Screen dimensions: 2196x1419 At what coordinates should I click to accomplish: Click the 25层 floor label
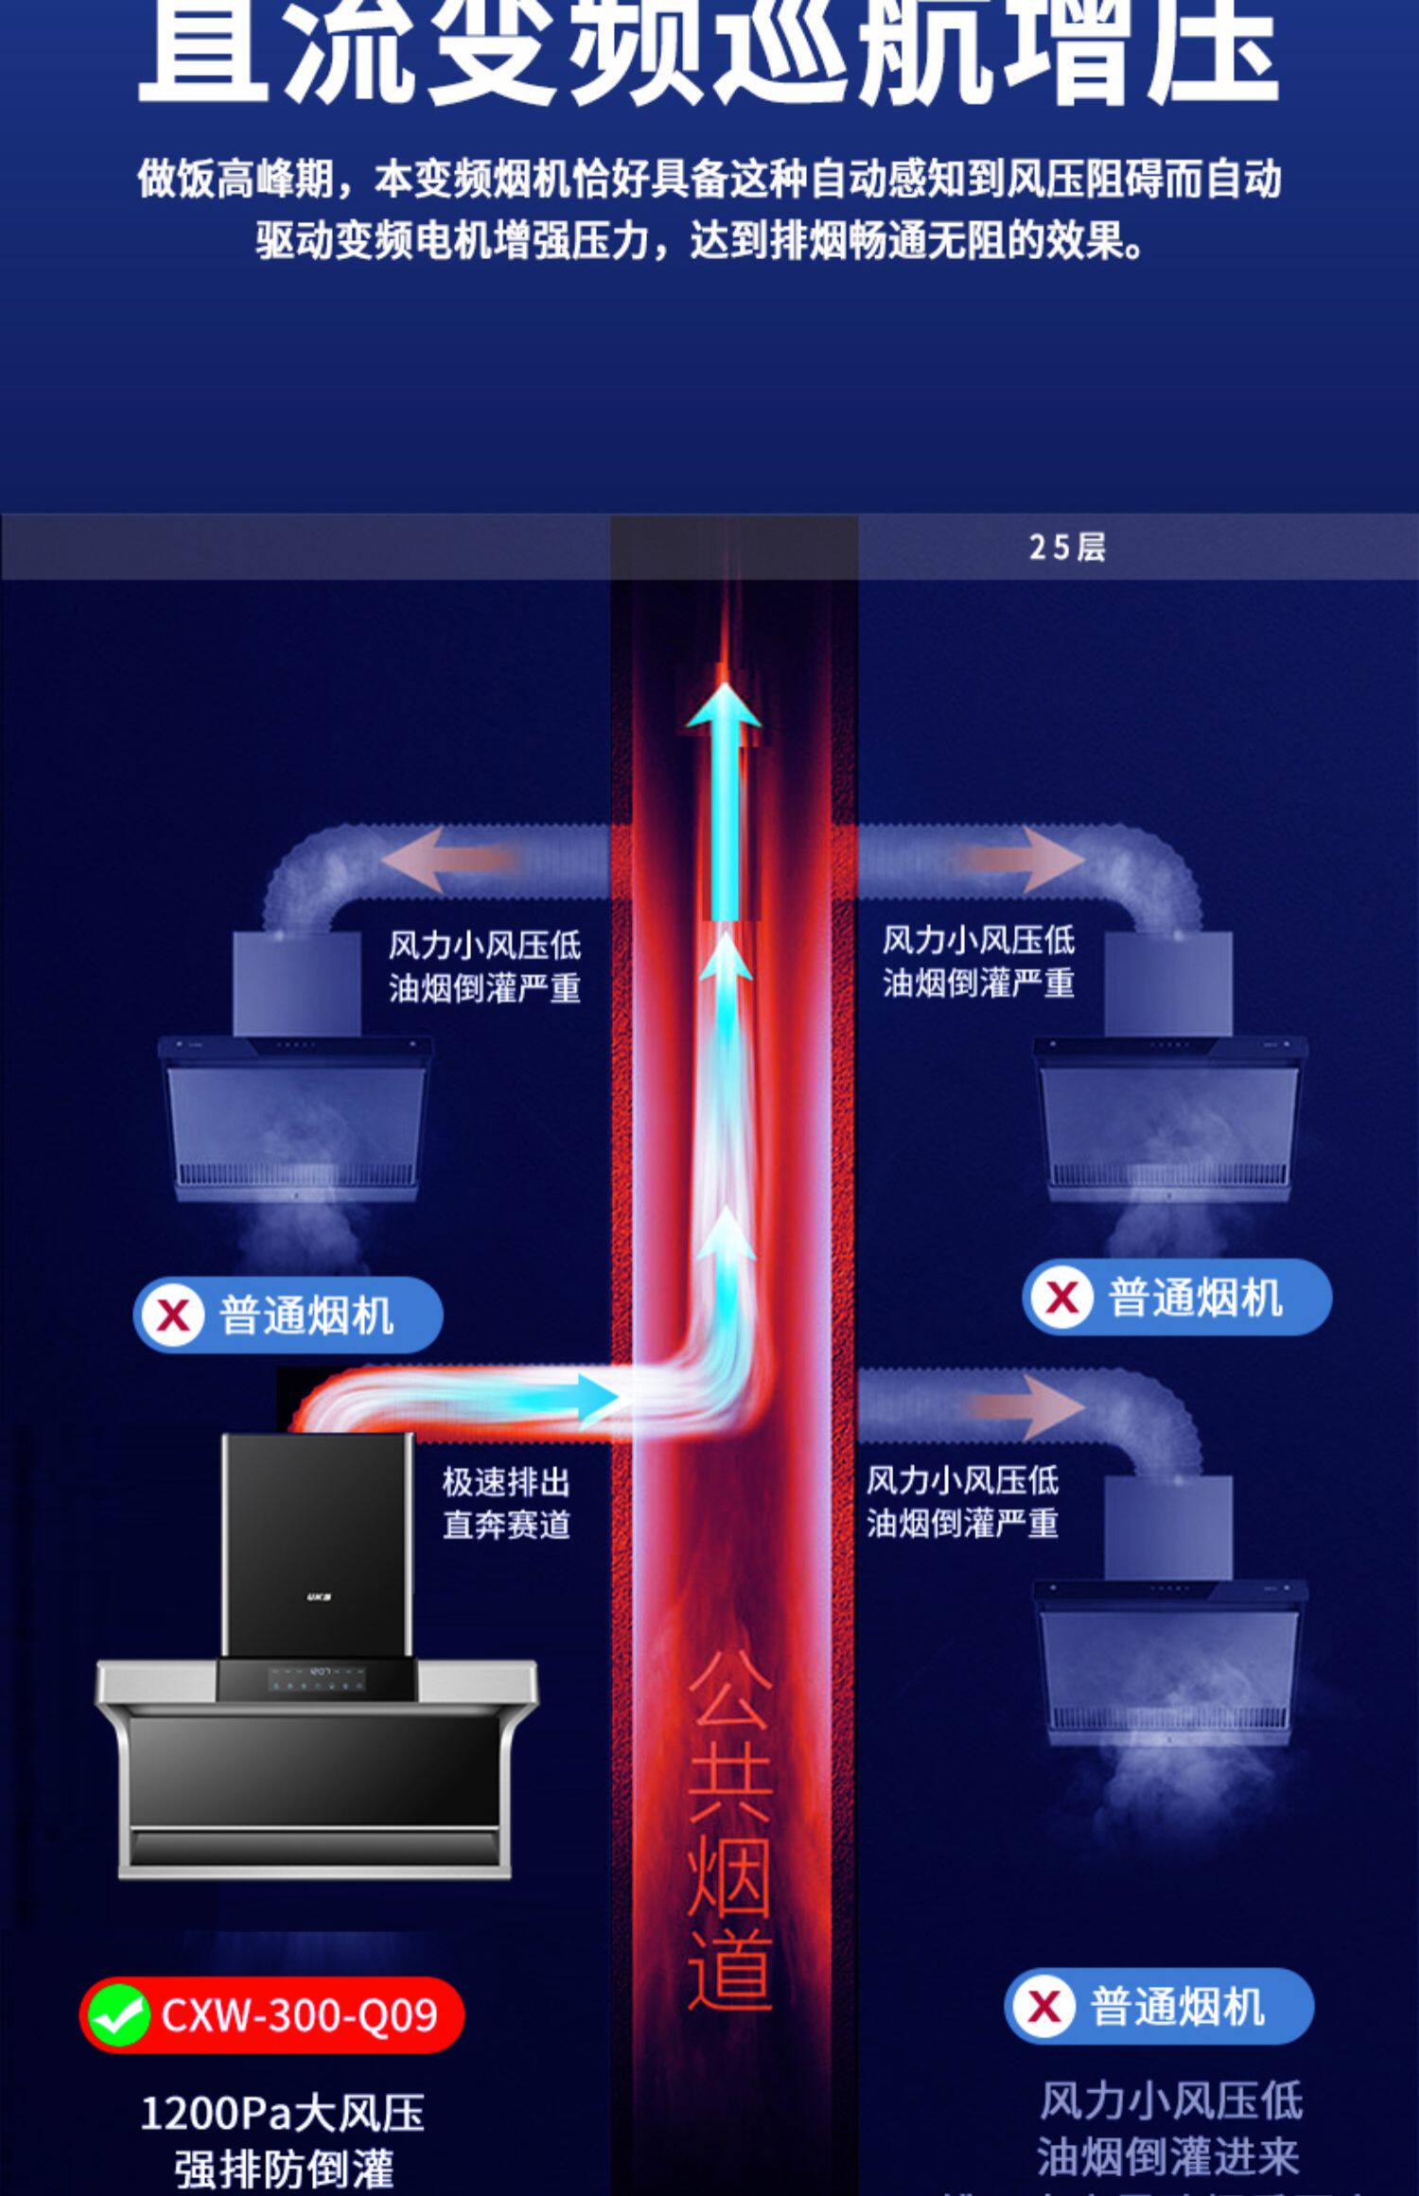coord(1066,548)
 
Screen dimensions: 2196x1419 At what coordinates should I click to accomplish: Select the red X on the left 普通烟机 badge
coord(173,1315)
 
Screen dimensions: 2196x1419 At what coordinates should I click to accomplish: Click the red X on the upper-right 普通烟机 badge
coord(1062,1297)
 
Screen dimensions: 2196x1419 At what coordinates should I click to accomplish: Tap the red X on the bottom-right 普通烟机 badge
coord(1044,2006)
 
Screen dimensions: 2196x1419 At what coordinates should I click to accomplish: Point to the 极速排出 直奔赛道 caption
coord(506,1503)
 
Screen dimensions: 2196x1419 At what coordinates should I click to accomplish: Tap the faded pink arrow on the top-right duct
coord(1026,858)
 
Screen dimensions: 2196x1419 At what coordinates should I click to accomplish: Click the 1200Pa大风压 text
coord(283,2112)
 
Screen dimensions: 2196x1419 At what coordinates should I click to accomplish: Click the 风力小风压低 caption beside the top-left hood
coord(484,945)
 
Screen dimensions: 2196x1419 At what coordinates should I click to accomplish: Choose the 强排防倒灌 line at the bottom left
coord(283,2168)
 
